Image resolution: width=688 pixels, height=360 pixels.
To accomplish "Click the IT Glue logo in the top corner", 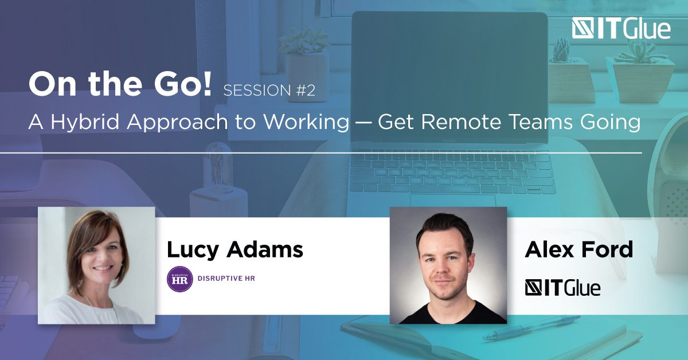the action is click(621, 29).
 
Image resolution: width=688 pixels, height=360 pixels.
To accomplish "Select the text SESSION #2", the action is click(269, 91).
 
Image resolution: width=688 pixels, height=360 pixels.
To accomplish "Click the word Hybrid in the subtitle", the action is click(85, 122).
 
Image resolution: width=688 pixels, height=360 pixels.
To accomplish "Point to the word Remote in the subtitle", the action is click(462, 122).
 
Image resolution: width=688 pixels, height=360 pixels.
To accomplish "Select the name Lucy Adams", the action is click(235, 250).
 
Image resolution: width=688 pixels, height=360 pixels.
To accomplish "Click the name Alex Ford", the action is click(579, 249).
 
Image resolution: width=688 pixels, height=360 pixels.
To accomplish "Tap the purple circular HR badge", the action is click(179, 279).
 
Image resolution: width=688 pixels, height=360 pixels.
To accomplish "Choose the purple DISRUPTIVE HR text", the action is click(226, 278).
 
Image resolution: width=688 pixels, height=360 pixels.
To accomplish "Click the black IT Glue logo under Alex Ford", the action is click(562, 288).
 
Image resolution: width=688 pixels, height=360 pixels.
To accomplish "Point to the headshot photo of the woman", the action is click(96, 265).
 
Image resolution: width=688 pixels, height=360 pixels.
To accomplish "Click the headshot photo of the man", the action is click(448, 265).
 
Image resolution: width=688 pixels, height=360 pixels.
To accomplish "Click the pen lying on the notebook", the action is click(531, 327).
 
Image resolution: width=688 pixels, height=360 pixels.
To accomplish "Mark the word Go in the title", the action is click(174, 84).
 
